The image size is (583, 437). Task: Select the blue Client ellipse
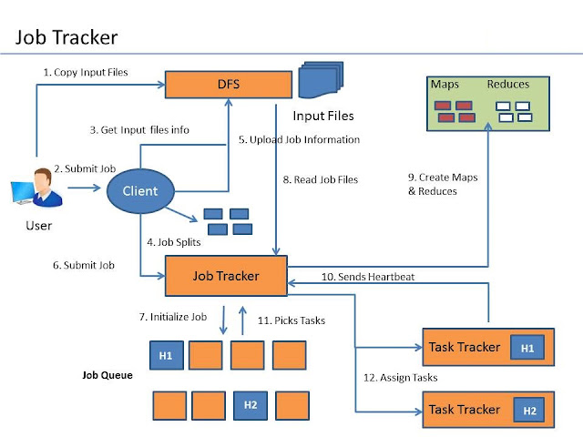138,190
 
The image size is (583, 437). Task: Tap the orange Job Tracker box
225,275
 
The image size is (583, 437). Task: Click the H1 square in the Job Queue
165,355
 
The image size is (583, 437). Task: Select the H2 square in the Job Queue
250,404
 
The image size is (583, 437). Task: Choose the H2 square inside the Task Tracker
528,410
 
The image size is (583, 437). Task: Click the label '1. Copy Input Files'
85,72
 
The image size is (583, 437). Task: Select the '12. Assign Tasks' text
399,377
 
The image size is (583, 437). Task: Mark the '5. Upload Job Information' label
299,139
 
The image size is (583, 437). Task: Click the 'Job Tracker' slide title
66,37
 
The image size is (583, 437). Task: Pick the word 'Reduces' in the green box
508,84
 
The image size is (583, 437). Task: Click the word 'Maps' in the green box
446,84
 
